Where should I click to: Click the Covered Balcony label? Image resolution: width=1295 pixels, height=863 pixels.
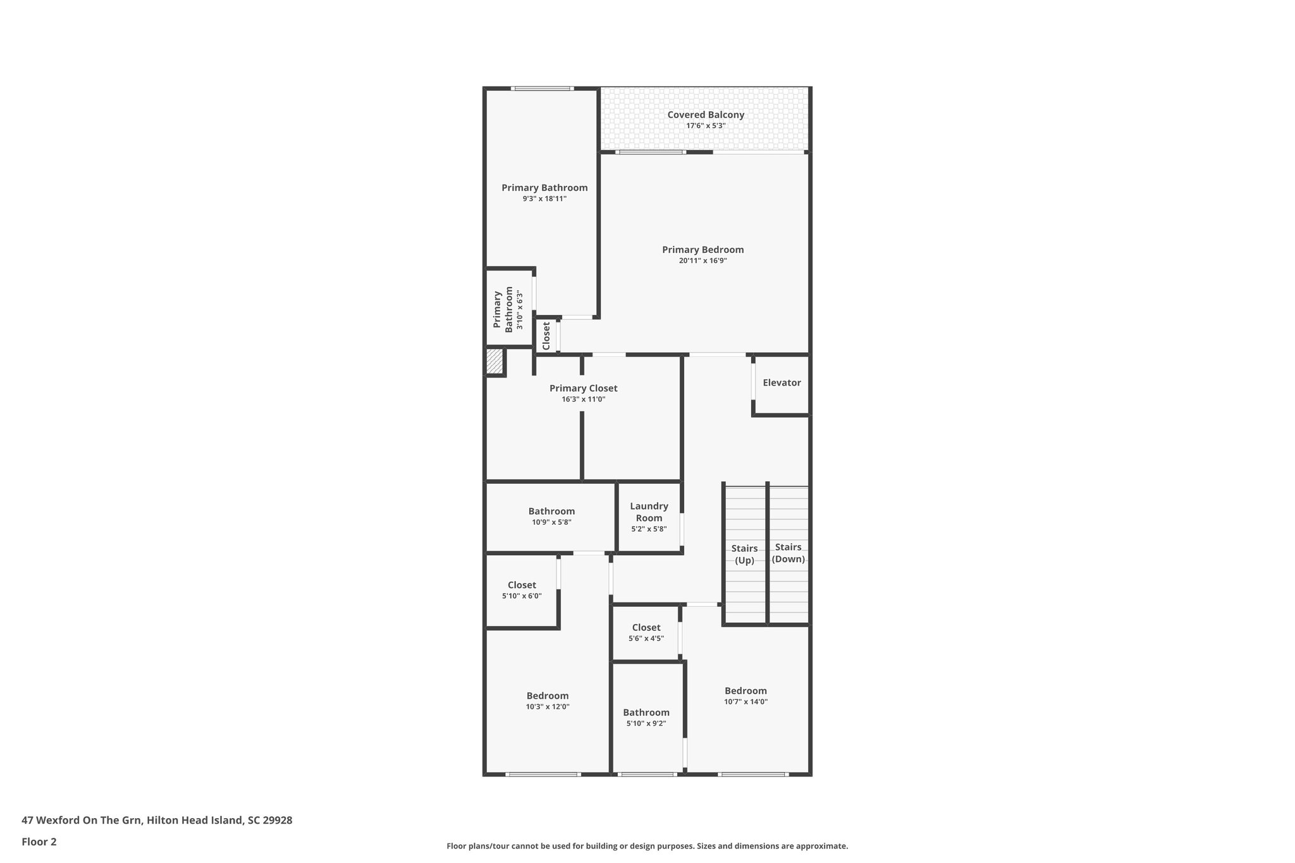coord(706,115)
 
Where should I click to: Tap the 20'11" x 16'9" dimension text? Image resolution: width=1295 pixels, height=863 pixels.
coord(703,260)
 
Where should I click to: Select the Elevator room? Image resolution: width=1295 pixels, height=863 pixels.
coord(782,383)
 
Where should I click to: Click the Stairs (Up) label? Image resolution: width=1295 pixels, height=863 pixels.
coord(744,554)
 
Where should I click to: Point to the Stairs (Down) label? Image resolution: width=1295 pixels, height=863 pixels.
coord(789,553)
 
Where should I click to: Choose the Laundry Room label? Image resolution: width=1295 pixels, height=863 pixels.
coord(649,512)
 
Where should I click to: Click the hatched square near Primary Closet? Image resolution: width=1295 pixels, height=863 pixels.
coord(494,362)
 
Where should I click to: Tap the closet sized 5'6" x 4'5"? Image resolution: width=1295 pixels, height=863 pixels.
coord(646,633)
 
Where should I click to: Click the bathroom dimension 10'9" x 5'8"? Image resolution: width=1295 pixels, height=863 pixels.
coord(551,522)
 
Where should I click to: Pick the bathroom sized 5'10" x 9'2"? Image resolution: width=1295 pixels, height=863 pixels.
coord(646,718)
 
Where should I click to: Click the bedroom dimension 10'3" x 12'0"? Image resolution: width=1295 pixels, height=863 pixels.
coord(548,707)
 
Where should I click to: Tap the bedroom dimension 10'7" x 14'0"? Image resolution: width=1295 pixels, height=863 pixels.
coord(746,702)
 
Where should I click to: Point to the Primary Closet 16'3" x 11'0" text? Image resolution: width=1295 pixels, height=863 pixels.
coord(583,400)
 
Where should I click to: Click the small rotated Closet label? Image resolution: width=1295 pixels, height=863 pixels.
coord(546,336)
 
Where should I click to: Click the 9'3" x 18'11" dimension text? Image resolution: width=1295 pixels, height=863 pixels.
coord(544,199)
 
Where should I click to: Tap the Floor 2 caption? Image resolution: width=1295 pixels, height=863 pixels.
coord(39,842)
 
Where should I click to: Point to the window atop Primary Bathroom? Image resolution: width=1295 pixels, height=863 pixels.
coord(542,89)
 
